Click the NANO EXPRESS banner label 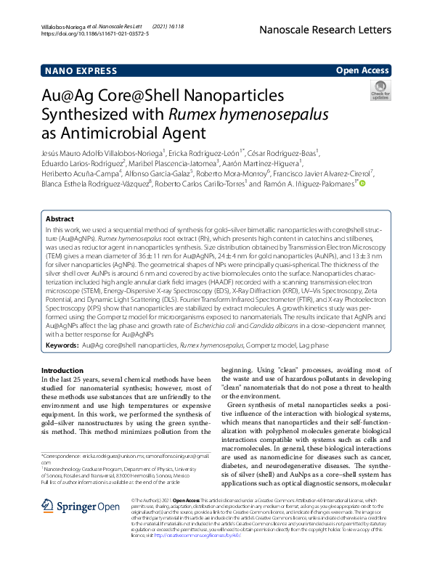tap(81, 70)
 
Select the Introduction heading tap(62, 370)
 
